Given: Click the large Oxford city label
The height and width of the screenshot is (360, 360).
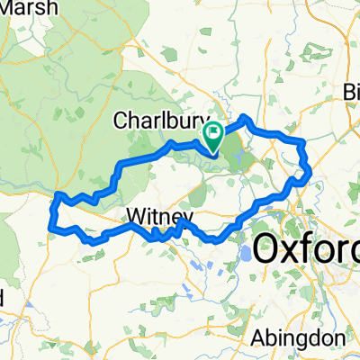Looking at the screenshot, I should coord(306,249).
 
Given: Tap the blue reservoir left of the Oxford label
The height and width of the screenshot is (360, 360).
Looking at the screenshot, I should coord(246,256).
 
